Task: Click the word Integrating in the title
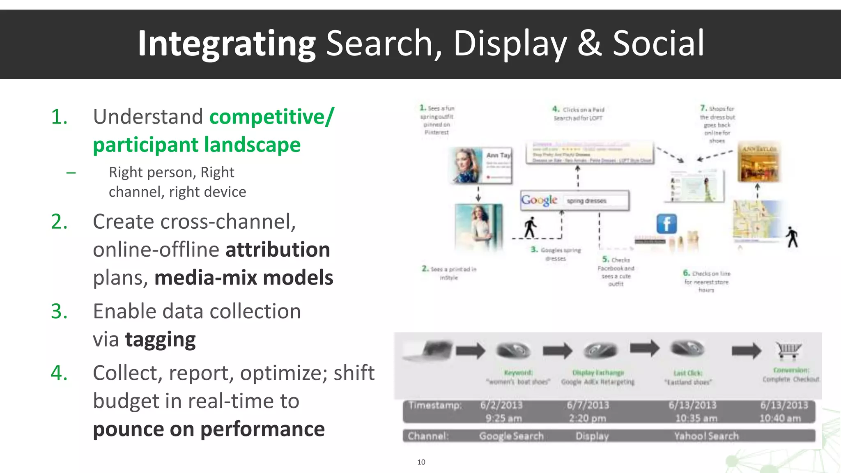coord(226,44)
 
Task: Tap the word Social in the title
coord(658,44)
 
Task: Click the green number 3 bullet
coord(59,311)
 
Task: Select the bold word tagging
coord(160,340)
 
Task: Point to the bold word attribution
coord(278,250)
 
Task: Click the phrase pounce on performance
coord(209,429)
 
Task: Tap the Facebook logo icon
coord(666,224)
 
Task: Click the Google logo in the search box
coord(539,200)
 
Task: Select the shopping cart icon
coord(788,350)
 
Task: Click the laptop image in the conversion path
coord(429,350)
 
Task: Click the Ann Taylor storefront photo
coord(759,163)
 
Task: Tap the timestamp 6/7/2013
coord(588,405)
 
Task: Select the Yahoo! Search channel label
coord(706,436)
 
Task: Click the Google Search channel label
coord(511,436)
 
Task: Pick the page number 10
coord(421,462)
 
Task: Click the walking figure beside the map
coord(792,237)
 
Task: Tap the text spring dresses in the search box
coord(586,201)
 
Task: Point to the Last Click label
coord(688,373)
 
